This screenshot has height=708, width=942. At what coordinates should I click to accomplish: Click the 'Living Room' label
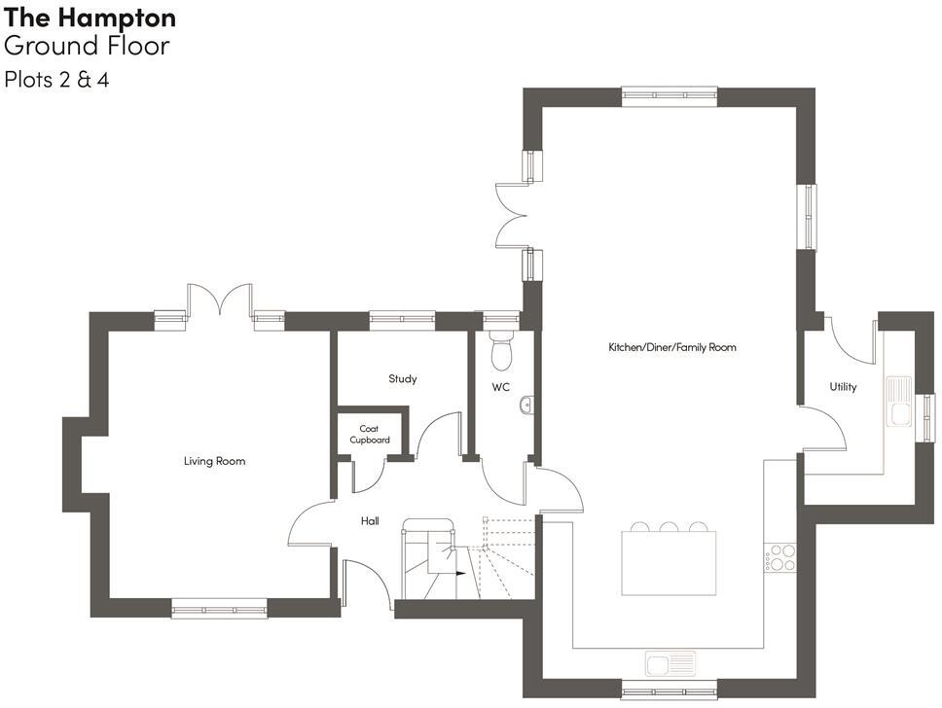214,461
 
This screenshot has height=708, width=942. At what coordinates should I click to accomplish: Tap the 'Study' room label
402,378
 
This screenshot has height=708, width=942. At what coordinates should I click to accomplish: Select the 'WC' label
500,387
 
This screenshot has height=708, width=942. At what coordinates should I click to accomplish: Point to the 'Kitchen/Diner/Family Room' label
672,347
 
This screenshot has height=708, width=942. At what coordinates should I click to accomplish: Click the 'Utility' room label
843,387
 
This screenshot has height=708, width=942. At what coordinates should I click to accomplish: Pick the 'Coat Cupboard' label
369,434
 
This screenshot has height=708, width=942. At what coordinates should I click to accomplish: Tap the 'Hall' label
370,521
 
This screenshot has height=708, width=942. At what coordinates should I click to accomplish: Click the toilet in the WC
502,351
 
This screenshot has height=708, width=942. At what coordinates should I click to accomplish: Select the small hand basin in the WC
526,406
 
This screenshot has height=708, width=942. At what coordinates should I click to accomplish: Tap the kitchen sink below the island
671,663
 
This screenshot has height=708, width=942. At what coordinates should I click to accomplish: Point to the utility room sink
897,401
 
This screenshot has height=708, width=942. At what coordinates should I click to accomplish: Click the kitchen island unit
670,563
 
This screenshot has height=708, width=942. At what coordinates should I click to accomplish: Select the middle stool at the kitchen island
670,528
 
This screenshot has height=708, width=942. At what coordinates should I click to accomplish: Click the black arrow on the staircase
459,573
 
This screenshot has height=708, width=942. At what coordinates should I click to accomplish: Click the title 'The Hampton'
91,18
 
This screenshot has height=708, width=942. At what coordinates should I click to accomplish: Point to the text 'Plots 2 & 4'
56,80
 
